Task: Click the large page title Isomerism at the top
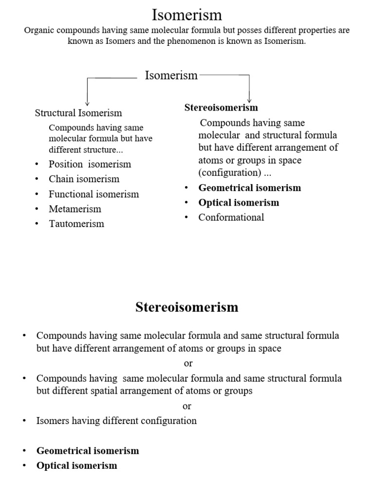pos(187,15)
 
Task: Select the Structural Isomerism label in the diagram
pos(78,113)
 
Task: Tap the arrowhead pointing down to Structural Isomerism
pos(87,102)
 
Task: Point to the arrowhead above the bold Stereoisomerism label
pos(249,99)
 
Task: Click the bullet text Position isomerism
pos(90,164)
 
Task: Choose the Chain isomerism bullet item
pos(84,179)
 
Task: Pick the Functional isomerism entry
pos(93,194)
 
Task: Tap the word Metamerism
pos(75,209)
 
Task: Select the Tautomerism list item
pos(76,224)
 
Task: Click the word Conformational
pos(231,217)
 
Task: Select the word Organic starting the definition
pos(39,30)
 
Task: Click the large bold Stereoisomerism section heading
pos(187,307)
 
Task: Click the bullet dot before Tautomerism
pos(37,224)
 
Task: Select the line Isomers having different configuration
pos(116,421)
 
